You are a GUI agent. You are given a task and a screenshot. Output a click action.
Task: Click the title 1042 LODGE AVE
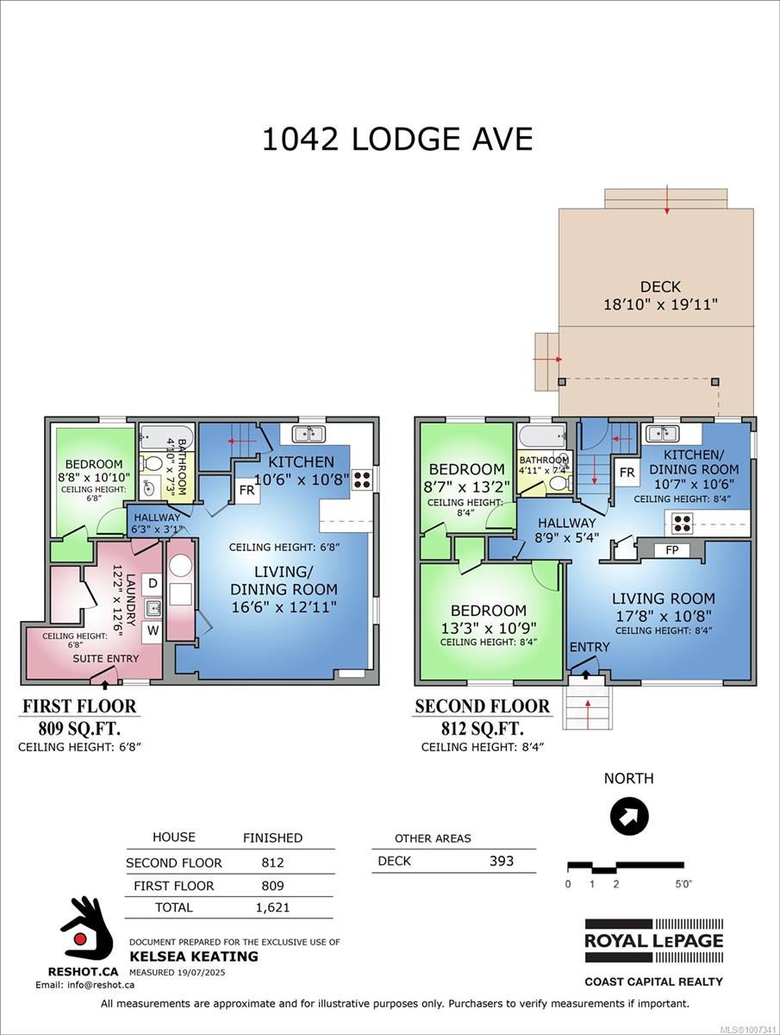pyautogui.click(x=397, y=139)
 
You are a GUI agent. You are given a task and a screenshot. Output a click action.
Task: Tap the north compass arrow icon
pyautogui.click(x=629, y=816)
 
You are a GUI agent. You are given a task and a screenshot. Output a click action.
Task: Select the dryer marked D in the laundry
pyautogui.click(x=153, y=583)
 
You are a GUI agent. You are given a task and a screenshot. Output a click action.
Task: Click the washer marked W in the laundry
pyautogui.click(x=153, y=630)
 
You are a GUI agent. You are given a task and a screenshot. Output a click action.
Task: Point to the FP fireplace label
pyautogui.click(x=671, y=549)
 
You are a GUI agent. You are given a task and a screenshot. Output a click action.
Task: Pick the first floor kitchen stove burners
pyautogui.click(x=362, y=480)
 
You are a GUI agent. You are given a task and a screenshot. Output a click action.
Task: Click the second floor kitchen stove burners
pyautogui.click(x=682, y=524)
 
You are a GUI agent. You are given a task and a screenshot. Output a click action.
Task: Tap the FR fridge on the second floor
pyautogui.click(x=627, y=473)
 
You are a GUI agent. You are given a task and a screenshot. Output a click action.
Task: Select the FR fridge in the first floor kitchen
pyautogui.click(x=246, y=491)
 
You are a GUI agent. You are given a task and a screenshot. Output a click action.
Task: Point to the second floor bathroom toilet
pyautogui.click(x=559, y=483)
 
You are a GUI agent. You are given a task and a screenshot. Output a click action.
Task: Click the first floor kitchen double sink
pyautogui.click(x=309, y=434)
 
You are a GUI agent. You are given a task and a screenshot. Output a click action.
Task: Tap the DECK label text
pyautogui.click(x=660, y=286)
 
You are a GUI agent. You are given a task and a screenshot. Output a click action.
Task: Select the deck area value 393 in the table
pyautogui.click(x=501, y=861)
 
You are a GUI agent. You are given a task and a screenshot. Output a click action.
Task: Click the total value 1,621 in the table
pyautogui.click(x=272, y=907)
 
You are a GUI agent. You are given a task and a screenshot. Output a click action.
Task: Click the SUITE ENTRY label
pyautogui.click(x=105, y=659)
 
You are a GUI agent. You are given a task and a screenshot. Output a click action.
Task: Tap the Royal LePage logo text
pyautogui.click(x=654, y=941)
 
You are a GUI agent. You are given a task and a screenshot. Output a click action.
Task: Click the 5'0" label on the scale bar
pyautogui.click(x=683, y=884)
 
